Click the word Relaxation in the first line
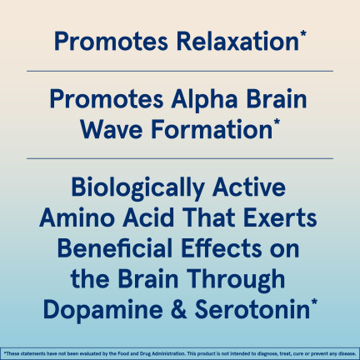coord(237,42)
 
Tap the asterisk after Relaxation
coord(303,34)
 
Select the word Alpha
coord(204,100)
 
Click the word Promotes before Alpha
coord(107,99)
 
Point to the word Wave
coord(112,130)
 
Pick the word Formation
coord(212,129)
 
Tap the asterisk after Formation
coord(277,122)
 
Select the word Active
coord(249,187)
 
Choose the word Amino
coord(77,217)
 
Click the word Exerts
coord(280,217)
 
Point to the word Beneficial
coord(115,248)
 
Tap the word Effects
coord(222,248)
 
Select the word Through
coord(236,280)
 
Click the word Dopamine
coord(103,310)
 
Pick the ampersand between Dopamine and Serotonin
coord(179,309)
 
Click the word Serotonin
coord(252,309)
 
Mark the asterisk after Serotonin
coord(314,302)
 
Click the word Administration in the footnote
coord(171,353)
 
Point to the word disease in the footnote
coord(347,353)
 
